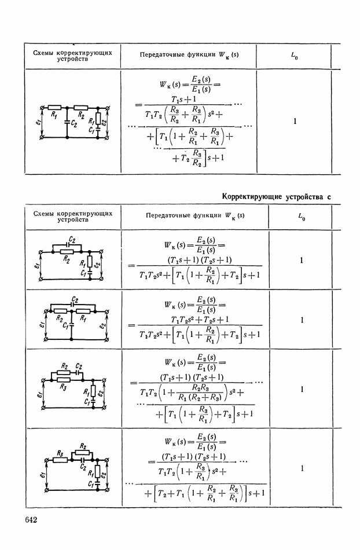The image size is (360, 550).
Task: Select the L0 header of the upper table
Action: (295, 57)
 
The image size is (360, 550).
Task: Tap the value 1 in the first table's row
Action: (295, 122)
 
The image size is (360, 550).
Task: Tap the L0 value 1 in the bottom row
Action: (302, 468)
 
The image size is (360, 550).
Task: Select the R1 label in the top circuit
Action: (54, 115)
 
